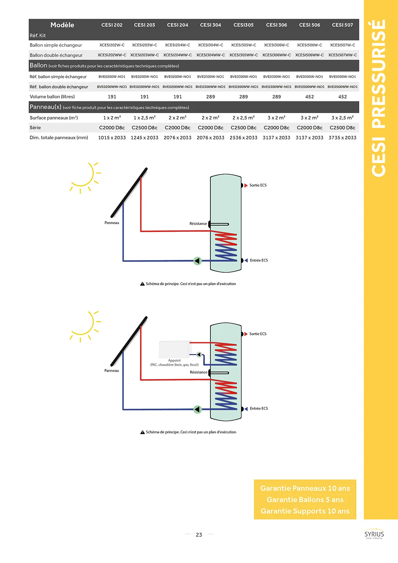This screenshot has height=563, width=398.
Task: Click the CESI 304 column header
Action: click(210, 25)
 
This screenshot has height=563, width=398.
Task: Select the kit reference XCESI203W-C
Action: click(144, 45)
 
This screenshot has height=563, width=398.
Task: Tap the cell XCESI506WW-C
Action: click(310, 55)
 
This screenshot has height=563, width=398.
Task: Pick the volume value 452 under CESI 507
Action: click(342, 97)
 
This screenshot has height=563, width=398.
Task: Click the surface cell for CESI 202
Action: click(112, 118)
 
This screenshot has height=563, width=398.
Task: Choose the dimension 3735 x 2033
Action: click(342, 138)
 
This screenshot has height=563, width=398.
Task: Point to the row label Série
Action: click(35, 128)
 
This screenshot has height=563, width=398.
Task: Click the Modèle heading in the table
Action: click(62, 25)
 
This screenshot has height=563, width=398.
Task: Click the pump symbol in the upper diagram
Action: click(198, 261)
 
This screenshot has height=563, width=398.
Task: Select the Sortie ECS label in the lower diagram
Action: click(258, 334)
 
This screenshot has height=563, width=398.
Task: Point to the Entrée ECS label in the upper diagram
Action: click(259, 260)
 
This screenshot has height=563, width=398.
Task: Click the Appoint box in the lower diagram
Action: click(175, 350)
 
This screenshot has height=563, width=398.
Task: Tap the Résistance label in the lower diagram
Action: click(198, 372)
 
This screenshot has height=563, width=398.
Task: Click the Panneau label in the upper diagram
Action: click(112, 223)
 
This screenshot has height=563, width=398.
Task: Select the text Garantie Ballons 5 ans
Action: click(305, 500)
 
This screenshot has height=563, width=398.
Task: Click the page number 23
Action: click(199, 535)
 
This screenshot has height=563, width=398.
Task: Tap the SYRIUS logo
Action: click(374, 535)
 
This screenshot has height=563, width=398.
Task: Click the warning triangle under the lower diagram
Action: click(142, 432)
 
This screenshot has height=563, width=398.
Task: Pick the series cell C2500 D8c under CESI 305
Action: click(244, 128)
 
